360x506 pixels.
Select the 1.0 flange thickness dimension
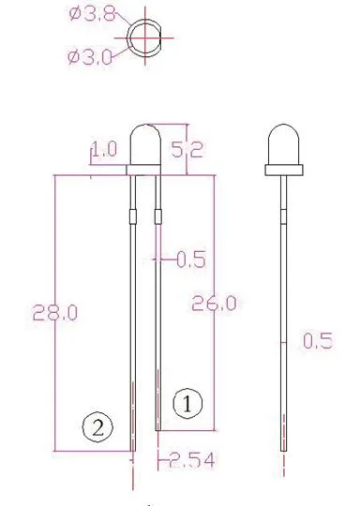click(104, 149)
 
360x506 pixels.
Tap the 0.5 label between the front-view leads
click(190, 260)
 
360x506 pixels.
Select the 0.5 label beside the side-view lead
click(319, 341)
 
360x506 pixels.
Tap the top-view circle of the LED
click(146, 37)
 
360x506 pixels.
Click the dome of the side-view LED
click(284, 143)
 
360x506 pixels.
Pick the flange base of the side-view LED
click(284, 170)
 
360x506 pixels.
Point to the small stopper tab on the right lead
click(157, 217)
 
